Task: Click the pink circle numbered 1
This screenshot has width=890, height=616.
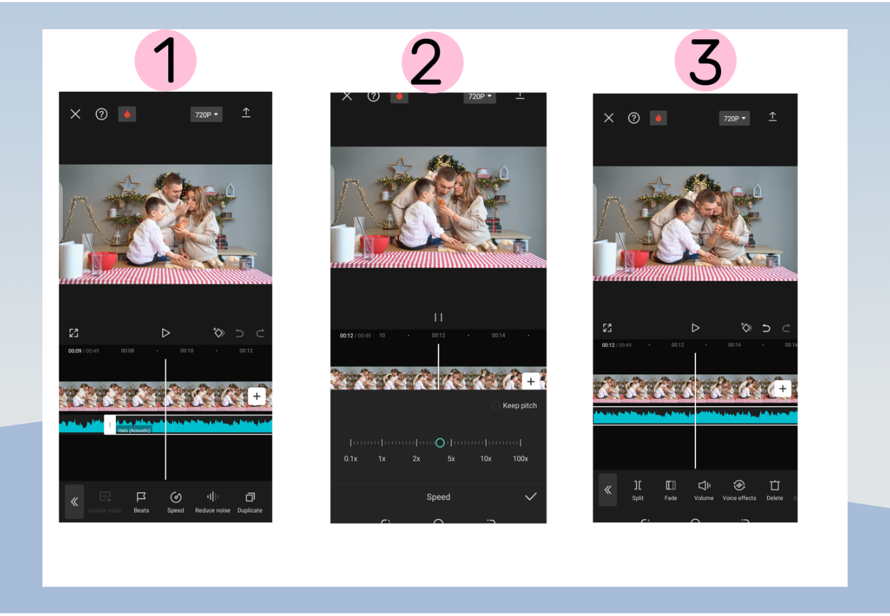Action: coord(165,60)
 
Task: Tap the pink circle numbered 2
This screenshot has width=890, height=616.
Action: coord(432,62)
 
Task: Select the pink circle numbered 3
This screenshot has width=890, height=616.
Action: coord(705,61)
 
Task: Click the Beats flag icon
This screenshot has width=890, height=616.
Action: coord(141,497)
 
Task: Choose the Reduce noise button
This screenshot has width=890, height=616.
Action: coord(213,497)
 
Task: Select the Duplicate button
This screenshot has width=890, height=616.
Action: coord(250,497)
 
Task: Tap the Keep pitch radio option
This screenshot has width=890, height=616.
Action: coord(496,405)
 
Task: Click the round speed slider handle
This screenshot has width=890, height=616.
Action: coord(439,443)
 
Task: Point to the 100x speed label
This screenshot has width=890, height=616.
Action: coord(520,459)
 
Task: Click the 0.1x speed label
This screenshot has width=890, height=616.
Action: coord(350,459)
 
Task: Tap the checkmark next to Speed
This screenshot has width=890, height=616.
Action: coord(531,496)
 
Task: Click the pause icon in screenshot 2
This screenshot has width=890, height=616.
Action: coord(438,317)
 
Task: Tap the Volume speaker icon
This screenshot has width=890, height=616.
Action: coord(704,486)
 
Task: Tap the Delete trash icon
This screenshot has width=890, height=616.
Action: coord(775,486)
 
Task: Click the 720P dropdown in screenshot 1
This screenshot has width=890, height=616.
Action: coord(207,115)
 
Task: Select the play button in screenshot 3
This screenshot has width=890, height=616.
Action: coord(695,327)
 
